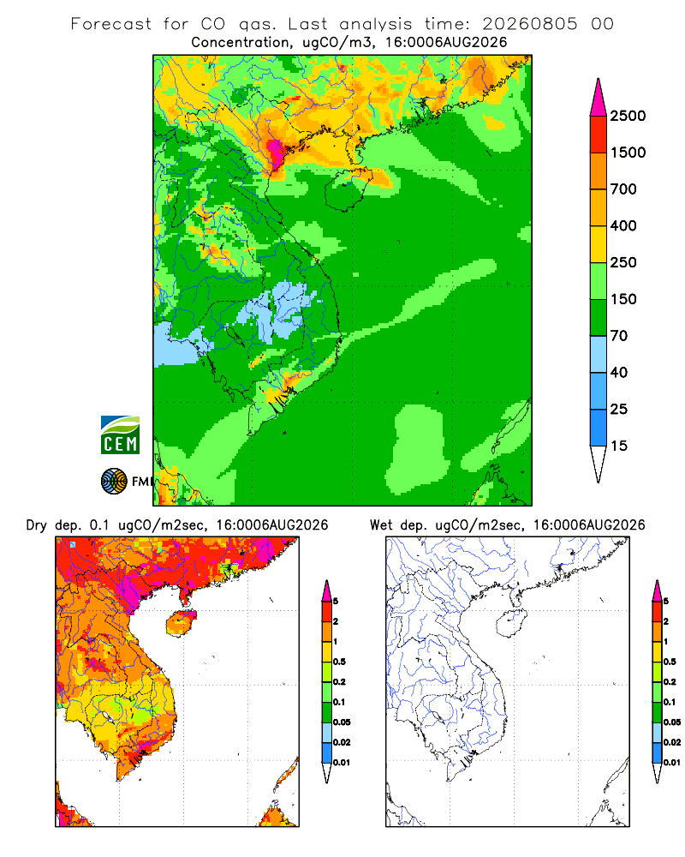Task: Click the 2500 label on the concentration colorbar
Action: [628, 116]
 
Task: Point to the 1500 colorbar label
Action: [628, 153]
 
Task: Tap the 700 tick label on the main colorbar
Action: [623, 189]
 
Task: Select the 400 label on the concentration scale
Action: [623, 225]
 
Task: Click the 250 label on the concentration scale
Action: [623, 262]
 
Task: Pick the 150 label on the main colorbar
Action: [623, 299]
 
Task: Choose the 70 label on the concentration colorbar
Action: [619, 336]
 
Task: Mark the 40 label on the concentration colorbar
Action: [619, 372]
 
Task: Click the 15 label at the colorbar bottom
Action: [619, 446]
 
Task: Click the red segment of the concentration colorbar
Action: [599, 135]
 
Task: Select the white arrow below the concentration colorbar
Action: [599, 462]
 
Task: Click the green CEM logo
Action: [120, 434]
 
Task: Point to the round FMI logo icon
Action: [114, 481]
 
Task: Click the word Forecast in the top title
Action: [111, 24]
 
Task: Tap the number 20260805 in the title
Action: [529, 24]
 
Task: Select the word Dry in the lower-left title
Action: [37, 525]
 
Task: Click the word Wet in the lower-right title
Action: [381, 524]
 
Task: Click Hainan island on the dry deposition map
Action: [182, 623]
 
